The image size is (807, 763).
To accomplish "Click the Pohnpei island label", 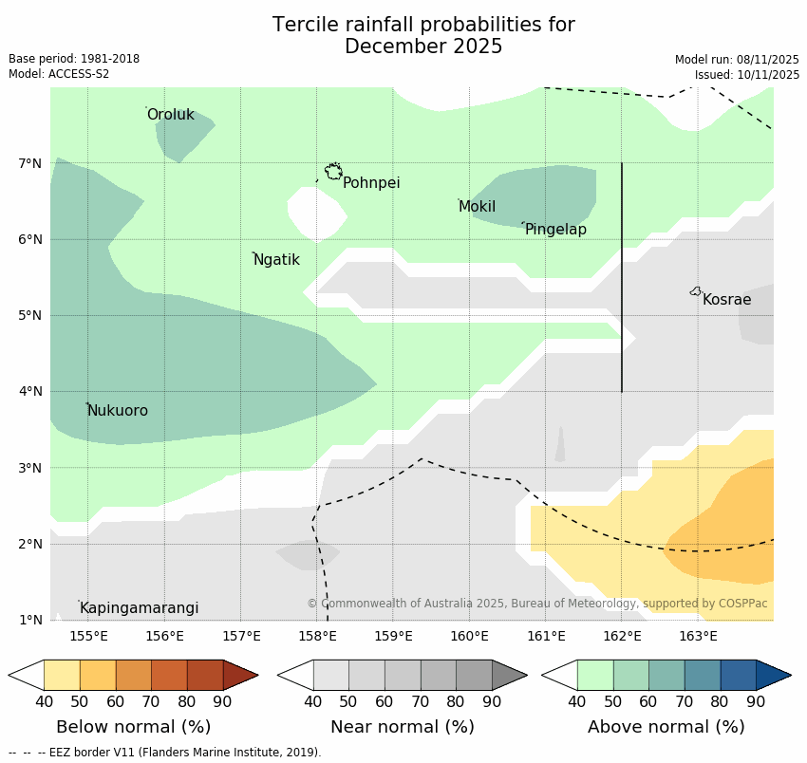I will point(371,183).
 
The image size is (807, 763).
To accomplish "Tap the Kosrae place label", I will point(726,300).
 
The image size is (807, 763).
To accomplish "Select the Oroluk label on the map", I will point(170,115).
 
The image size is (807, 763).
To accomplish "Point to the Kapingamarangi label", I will point(139,608).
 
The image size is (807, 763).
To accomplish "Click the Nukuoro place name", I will point(118,411).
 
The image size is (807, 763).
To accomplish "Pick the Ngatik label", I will point(276,260).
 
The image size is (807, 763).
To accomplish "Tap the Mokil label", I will point(477,207).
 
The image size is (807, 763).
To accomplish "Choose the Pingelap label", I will point(555,230).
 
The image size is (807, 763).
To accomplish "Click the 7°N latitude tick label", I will point(30,163).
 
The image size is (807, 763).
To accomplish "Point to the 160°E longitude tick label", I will point(469,636).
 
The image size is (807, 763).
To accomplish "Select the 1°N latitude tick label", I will point(30,620).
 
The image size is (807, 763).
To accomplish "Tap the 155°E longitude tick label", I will point(88,636).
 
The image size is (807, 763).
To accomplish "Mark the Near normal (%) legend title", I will point(403,727).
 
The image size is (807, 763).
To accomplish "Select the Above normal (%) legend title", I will point(666,727).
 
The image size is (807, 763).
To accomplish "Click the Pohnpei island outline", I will point(333,171).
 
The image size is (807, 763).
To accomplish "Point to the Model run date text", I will point(737,59).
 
